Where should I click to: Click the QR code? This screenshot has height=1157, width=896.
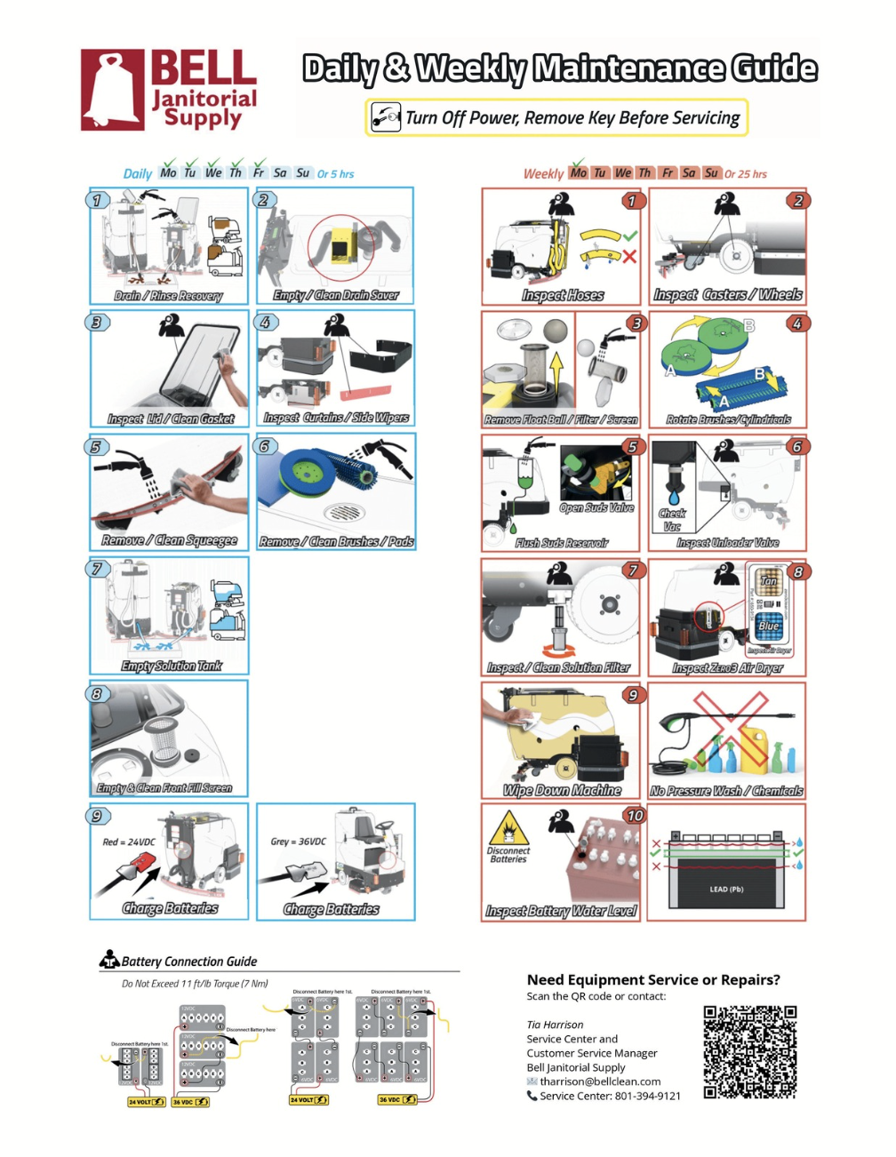click(749, 1052)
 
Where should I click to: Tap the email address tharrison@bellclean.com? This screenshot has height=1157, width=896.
click(600, 1081)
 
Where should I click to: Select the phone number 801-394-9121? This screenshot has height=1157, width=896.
click(635, 1096)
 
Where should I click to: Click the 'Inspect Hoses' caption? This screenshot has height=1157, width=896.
click(563, 295)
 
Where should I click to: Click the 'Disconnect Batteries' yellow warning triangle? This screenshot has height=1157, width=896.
click(508, 830)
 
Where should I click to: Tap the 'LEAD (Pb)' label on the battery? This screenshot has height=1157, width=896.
click(726, 889)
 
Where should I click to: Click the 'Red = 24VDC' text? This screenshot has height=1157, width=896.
click(129, 842)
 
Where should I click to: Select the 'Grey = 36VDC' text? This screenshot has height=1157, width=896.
click(298, 841)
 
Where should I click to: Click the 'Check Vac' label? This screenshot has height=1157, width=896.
click(672, 520)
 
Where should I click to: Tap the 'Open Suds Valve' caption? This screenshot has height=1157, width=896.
click(596, 508)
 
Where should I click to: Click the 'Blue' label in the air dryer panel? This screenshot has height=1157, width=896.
click(769, 626)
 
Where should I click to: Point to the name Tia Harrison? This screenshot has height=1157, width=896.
click(555, 1025)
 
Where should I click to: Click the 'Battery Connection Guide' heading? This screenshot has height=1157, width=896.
click(188, 962)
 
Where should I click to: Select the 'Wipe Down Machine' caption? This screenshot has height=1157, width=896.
click(562, 790)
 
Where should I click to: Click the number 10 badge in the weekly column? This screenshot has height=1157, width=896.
click(634, 815)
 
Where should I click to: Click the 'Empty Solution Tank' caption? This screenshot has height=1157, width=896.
click(172, 666)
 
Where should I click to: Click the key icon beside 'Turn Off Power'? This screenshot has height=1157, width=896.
click(386, 117)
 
